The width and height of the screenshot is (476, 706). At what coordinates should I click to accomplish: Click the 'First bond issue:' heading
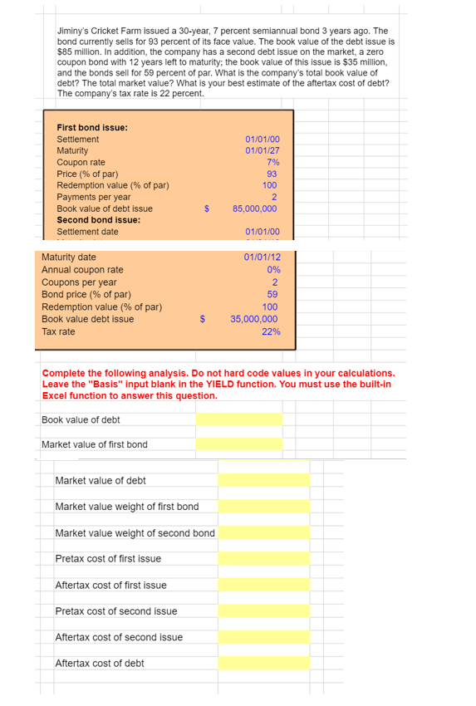click(91, 127)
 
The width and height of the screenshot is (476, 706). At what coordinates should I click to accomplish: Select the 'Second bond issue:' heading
click(98, 220)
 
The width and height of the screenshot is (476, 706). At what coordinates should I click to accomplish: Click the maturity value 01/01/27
click(263, 150)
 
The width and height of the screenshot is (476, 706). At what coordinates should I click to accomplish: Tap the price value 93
click(272, 174)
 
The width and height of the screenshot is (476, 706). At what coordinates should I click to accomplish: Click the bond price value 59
click(272, 293)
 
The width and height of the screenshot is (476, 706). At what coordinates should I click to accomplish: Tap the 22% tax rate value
click(270, 331)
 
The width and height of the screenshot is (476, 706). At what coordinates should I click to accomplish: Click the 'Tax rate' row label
click(58, 331)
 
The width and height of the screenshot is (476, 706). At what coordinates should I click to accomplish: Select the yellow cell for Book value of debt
click(238, 419)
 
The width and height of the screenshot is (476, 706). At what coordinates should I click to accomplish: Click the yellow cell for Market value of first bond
click(238, 444)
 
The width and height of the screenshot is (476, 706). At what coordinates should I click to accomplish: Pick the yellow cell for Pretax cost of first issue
click(263, 559)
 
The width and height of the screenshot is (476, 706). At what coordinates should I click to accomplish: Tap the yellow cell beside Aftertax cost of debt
click(263, 663)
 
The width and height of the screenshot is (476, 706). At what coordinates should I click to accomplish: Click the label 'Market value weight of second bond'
click(135, 532)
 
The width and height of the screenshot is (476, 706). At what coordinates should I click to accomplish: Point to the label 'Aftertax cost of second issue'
click(119, 637)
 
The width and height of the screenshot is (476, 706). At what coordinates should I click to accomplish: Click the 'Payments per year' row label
click(93, 197)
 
